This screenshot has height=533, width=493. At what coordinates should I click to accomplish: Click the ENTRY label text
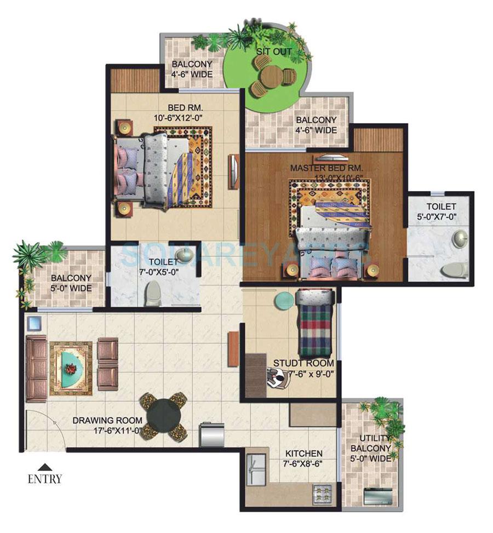click(x=45, y=479)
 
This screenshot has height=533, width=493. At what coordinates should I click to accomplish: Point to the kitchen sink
click(x=255, y=469)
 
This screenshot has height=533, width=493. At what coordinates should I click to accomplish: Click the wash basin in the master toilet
click(x=459, y=237)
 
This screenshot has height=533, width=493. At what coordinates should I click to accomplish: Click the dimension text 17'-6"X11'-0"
click(x=117, y=431)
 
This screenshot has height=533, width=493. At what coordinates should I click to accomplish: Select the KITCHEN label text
click(x=303, y=454)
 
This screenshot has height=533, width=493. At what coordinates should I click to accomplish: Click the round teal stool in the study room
click(x=283, y=301)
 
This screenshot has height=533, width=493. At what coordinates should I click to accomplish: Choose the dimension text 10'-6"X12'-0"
click(x=175, y=116)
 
